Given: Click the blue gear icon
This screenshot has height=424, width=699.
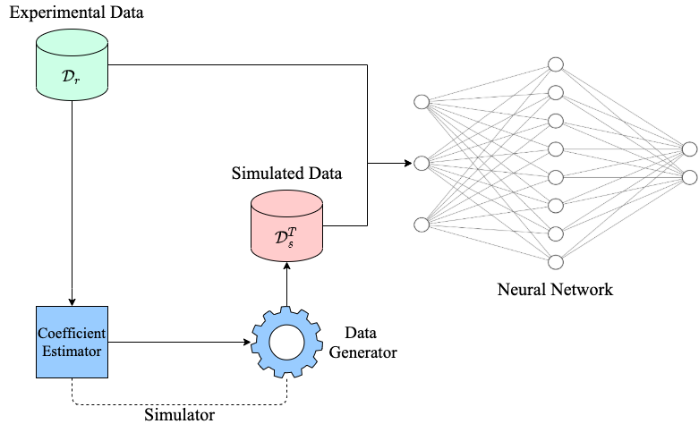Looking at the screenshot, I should [286, 342].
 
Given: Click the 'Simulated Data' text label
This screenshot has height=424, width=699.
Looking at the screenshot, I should [286, 172].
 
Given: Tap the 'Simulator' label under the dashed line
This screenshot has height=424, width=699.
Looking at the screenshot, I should [179, 414].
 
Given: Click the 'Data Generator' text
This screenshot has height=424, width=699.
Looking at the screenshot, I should [362, 342].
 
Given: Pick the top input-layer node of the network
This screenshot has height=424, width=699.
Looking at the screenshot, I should [421, 102].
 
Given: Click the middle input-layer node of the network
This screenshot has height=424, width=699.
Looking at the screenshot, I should [421, 164].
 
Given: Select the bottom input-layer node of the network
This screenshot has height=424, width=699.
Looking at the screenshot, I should [421, 224].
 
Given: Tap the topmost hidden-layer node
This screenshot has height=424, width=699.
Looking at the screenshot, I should [555, 65].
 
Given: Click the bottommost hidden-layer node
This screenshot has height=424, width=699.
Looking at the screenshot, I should [555, 262].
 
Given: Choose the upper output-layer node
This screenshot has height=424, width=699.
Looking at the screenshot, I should [688, 149].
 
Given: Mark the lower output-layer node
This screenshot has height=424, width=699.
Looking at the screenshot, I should [688, 177].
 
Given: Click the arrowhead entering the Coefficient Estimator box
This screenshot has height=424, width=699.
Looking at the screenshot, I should [72, 301].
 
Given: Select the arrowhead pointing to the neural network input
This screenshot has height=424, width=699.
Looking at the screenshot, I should [407, 164].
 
